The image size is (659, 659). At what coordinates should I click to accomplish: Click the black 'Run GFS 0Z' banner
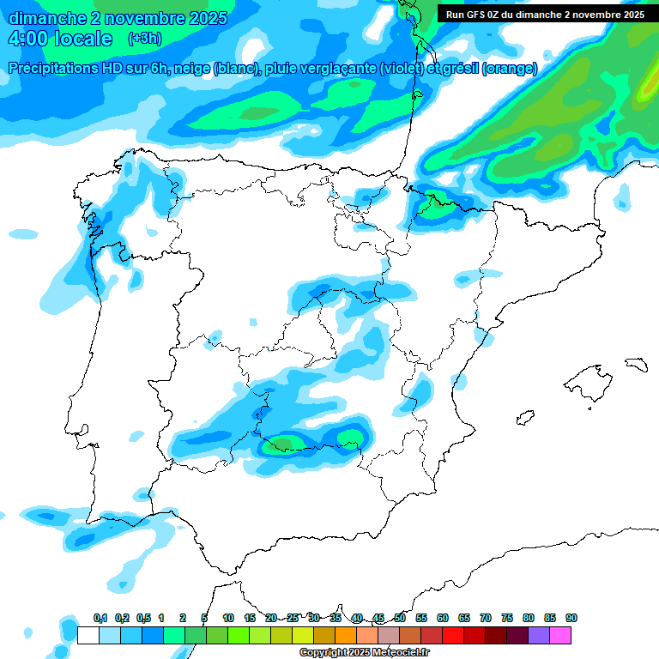pos(545,15)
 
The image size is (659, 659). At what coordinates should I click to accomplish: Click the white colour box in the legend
pos(88,636)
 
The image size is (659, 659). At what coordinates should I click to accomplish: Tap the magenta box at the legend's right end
pos(560,636)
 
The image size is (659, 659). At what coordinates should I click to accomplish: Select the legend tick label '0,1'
pos(100,619)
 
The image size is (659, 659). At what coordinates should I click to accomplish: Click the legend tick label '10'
pos(228,619)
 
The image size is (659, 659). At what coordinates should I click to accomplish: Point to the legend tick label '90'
pos(571,619)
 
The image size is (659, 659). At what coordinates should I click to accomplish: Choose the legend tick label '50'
pos(400,619)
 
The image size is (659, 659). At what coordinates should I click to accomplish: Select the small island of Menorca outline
pos(636,364)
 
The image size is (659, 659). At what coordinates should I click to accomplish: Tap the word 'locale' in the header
pos(84,39)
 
